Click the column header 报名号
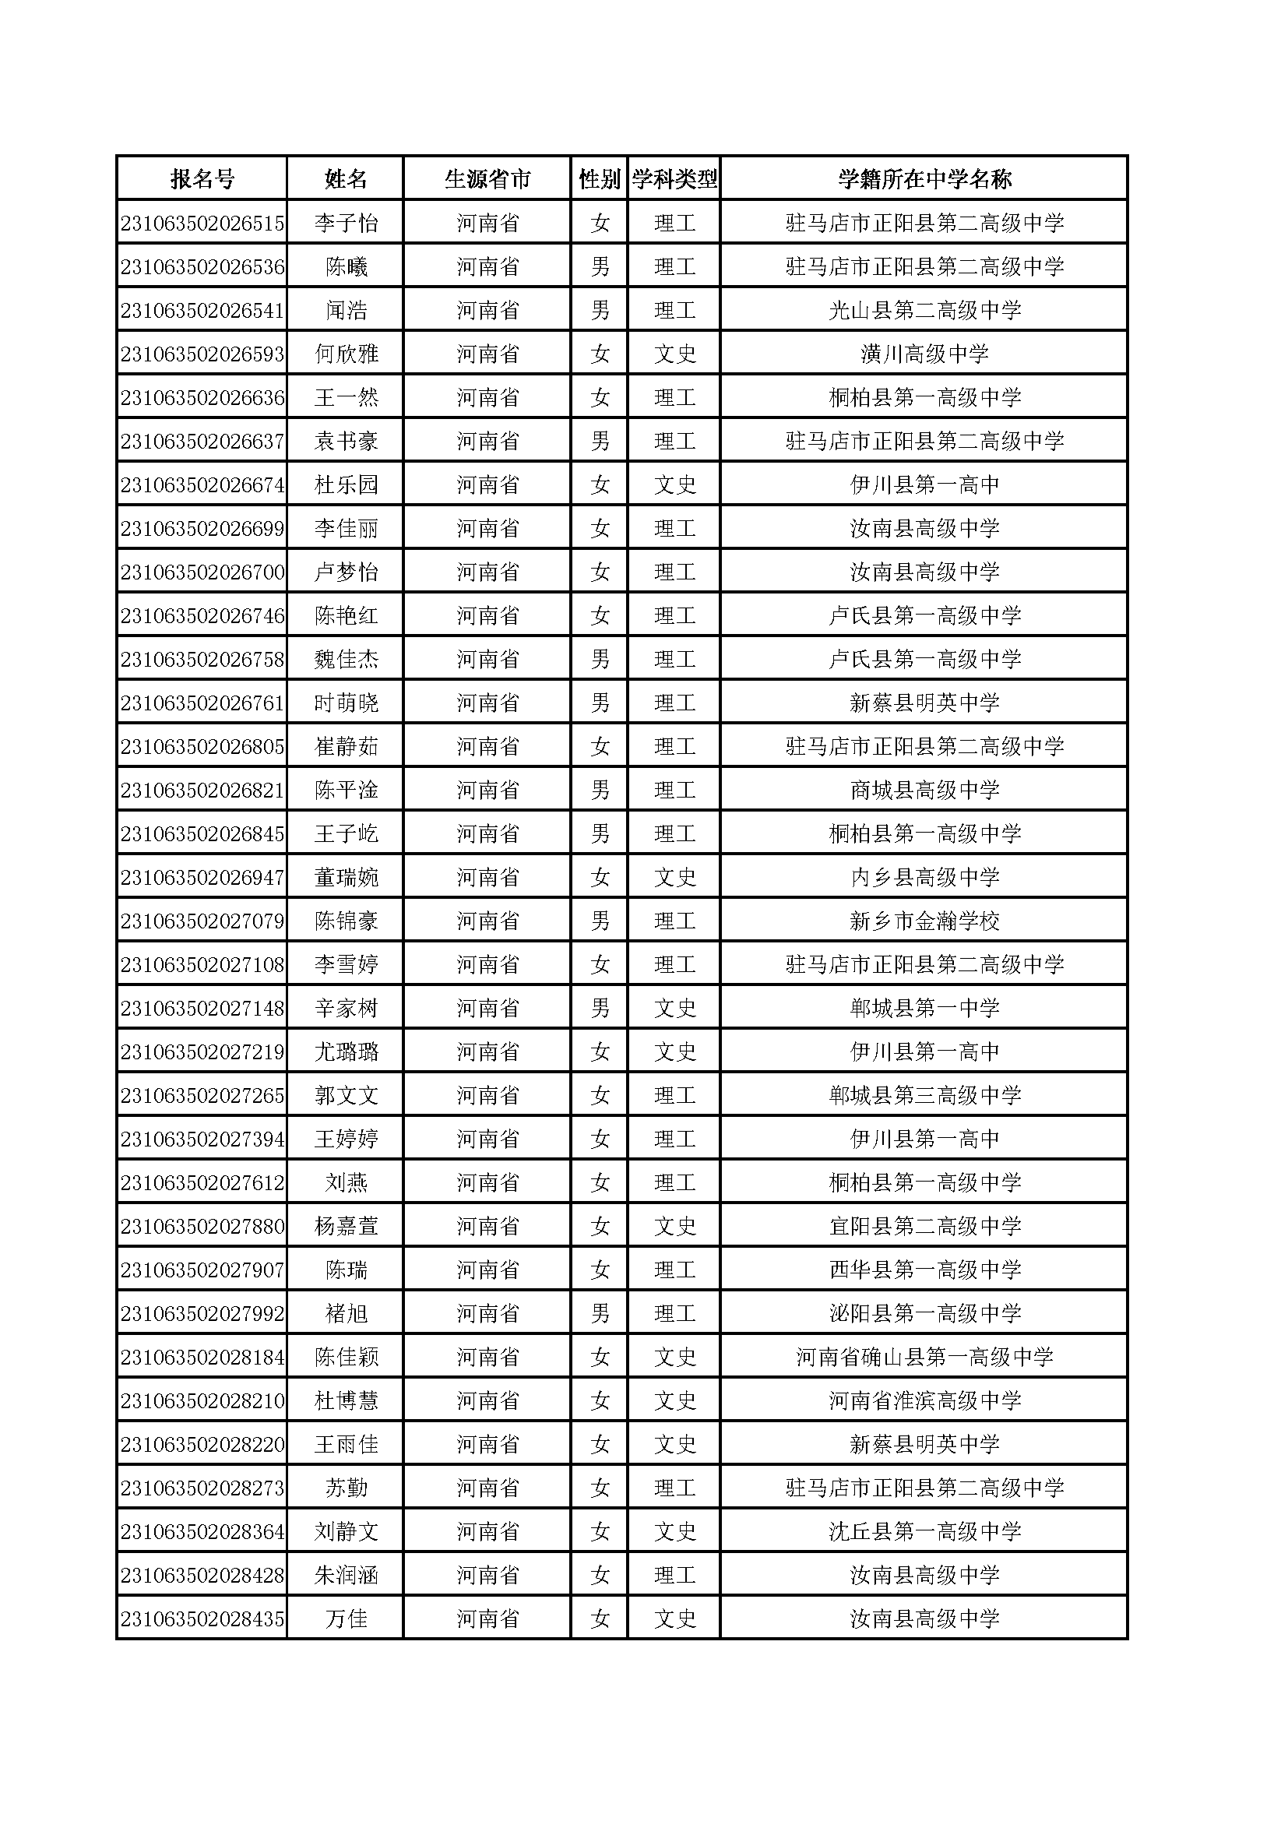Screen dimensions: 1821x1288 [x=202, y=179]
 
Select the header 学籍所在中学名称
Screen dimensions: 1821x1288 [x=924, y=179]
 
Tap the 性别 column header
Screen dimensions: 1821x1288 [x=599, y=179]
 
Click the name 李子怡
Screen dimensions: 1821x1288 [x=346, y=223]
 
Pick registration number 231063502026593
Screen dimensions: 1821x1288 [x=202, y=354]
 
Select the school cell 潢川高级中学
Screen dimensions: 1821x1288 [x=924, y=354]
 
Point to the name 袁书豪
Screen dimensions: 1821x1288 [x=346, y=441]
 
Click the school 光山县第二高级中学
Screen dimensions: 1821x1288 [x=924, y=310]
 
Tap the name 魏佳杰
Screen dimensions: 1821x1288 [x=346, y=659]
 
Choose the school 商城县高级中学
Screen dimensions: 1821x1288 [x=924, y=790]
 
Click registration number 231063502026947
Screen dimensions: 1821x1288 [x=202, y=877]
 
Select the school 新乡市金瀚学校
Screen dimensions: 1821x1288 [x=924, y=921]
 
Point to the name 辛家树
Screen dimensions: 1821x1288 [x=346, y=1008]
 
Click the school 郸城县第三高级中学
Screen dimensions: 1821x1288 [x=924, y=1095]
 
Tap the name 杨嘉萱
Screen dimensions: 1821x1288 [x=346, y=1226]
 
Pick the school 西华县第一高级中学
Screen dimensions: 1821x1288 [x=924, y=1270]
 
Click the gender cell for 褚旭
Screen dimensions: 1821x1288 [x=600, y=1313]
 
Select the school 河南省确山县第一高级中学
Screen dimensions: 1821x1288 [x=924, y=1357]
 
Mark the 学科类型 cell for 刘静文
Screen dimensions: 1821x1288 [x=674, y=1531]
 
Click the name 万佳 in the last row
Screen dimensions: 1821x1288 [x=346, y=1618]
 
